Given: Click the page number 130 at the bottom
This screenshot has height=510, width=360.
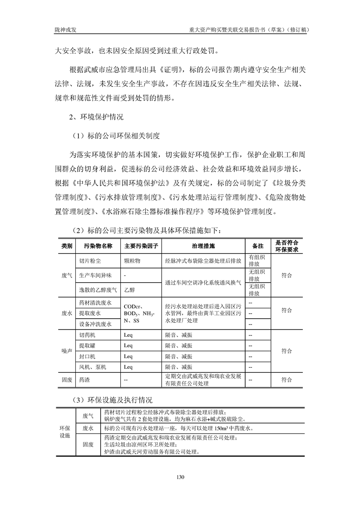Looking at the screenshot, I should [x=180, y=477].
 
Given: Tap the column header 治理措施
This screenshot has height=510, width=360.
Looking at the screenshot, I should [x=203, y=246].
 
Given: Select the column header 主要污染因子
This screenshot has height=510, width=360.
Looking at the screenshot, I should [x=141, y=246].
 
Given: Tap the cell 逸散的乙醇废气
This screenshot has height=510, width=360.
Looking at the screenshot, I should [x=98, y=289].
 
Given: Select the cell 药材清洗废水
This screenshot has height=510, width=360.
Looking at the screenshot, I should [x=95, y=302].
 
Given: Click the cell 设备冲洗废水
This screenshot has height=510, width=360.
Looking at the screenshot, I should [x=95, y=324].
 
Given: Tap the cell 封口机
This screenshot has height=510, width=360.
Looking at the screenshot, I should [x=87, y=356].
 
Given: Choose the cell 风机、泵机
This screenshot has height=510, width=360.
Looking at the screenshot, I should [x=93, y=367].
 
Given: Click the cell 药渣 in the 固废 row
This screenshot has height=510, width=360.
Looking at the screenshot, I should [x=84, y=380].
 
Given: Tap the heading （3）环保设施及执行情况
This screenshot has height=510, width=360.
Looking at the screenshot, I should [x=112, y=400].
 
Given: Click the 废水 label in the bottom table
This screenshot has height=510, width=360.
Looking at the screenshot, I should [x=88, y=429].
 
